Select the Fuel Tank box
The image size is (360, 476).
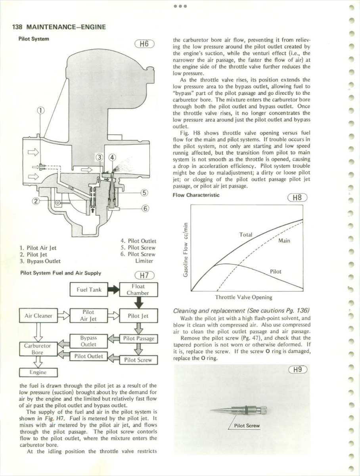[89, 290]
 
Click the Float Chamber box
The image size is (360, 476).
[138, 290]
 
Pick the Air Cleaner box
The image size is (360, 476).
[38, 316]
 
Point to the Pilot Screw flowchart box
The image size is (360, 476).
[138, 360]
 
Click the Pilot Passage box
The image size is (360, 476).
[138, 338]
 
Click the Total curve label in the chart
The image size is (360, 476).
[246, 234]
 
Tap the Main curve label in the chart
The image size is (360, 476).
[284, 240]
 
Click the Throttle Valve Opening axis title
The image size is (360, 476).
[243, 297]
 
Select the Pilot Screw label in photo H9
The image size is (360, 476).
[247, 426]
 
